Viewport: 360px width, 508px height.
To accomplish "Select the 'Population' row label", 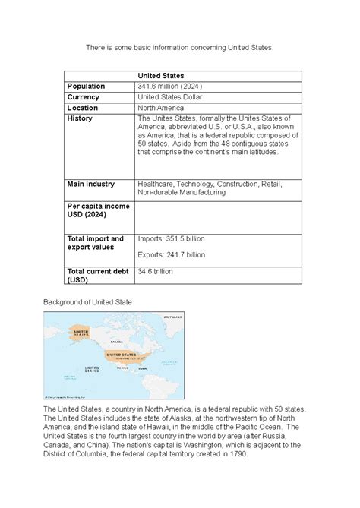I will tap(87, 87).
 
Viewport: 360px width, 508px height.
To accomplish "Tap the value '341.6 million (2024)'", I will tap(169, 87).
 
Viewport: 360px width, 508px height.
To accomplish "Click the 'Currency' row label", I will tap(84, 97).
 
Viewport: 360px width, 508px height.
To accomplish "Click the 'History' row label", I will tap(80, 119).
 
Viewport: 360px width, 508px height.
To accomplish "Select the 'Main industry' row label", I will tap(91, 184).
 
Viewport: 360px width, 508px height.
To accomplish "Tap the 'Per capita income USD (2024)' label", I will tap(98, 210).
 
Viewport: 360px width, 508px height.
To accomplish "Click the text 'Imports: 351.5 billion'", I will tap(171, 239).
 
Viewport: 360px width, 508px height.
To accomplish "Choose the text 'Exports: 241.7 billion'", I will tap(171, 255).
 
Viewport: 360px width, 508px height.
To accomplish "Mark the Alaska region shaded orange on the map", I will tap(81, 333).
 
